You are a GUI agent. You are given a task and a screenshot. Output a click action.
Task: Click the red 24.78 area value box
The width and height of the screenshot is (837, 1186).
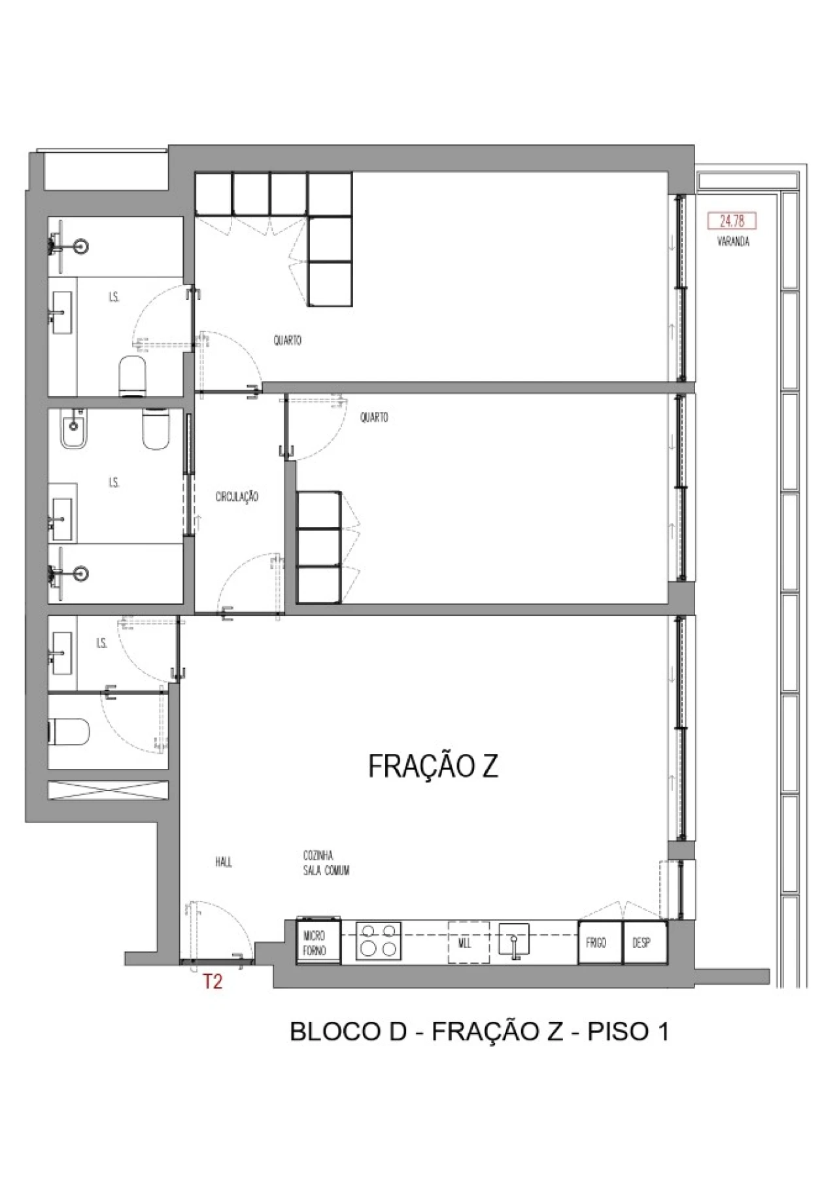[x=732, y=221]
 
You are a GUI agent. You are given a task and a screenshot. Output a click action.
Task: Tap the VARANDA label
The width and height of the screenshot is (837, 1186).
[x=733, y=242]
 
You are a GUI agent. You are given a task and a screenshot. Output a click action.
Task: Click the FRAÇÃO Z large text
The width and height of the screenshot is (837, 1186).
[x=433, y=766]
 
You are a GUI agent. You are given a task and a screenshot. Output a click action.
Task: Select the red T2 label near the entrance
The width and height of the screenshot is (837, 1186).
[x=213, y=981]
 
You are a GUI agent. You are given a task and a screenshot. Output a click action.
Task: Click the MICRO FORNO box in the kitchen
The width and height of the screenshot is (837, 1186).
[x=318, y=943]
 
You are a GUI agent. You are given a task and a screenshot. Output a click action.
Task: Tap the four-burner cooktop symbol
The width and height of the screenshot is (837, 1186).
[x=378, y=941]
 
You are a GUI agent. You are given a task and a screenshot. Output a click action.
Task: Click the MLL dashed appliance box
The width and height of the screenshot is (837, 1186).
[x=468, y=942]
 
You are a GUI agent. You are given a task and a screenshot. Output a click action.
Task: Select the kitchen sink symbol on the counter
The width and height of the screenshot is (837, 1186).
[x=514, y=942]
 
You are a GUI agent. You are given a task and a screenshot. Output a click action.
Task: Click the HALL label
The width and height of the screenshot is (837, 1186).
[x=224, y=862]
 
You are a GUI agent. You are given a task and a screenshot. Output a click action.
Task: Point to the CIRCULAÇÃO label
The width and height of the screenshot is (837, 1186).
[x=237, y=497]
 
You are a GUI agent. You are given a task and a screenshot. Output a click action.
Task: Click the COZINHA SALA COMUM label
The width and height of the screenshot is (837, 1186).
[x=326, y=863]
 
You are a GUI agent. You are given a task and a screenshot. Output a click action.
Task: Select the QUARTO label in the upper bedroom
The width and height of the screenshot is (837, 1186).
[x=288, y=341]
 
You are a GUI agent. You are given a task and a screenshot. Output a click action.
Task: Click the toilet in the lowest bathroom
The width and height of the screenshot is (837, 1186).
[x=68, y=732]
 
